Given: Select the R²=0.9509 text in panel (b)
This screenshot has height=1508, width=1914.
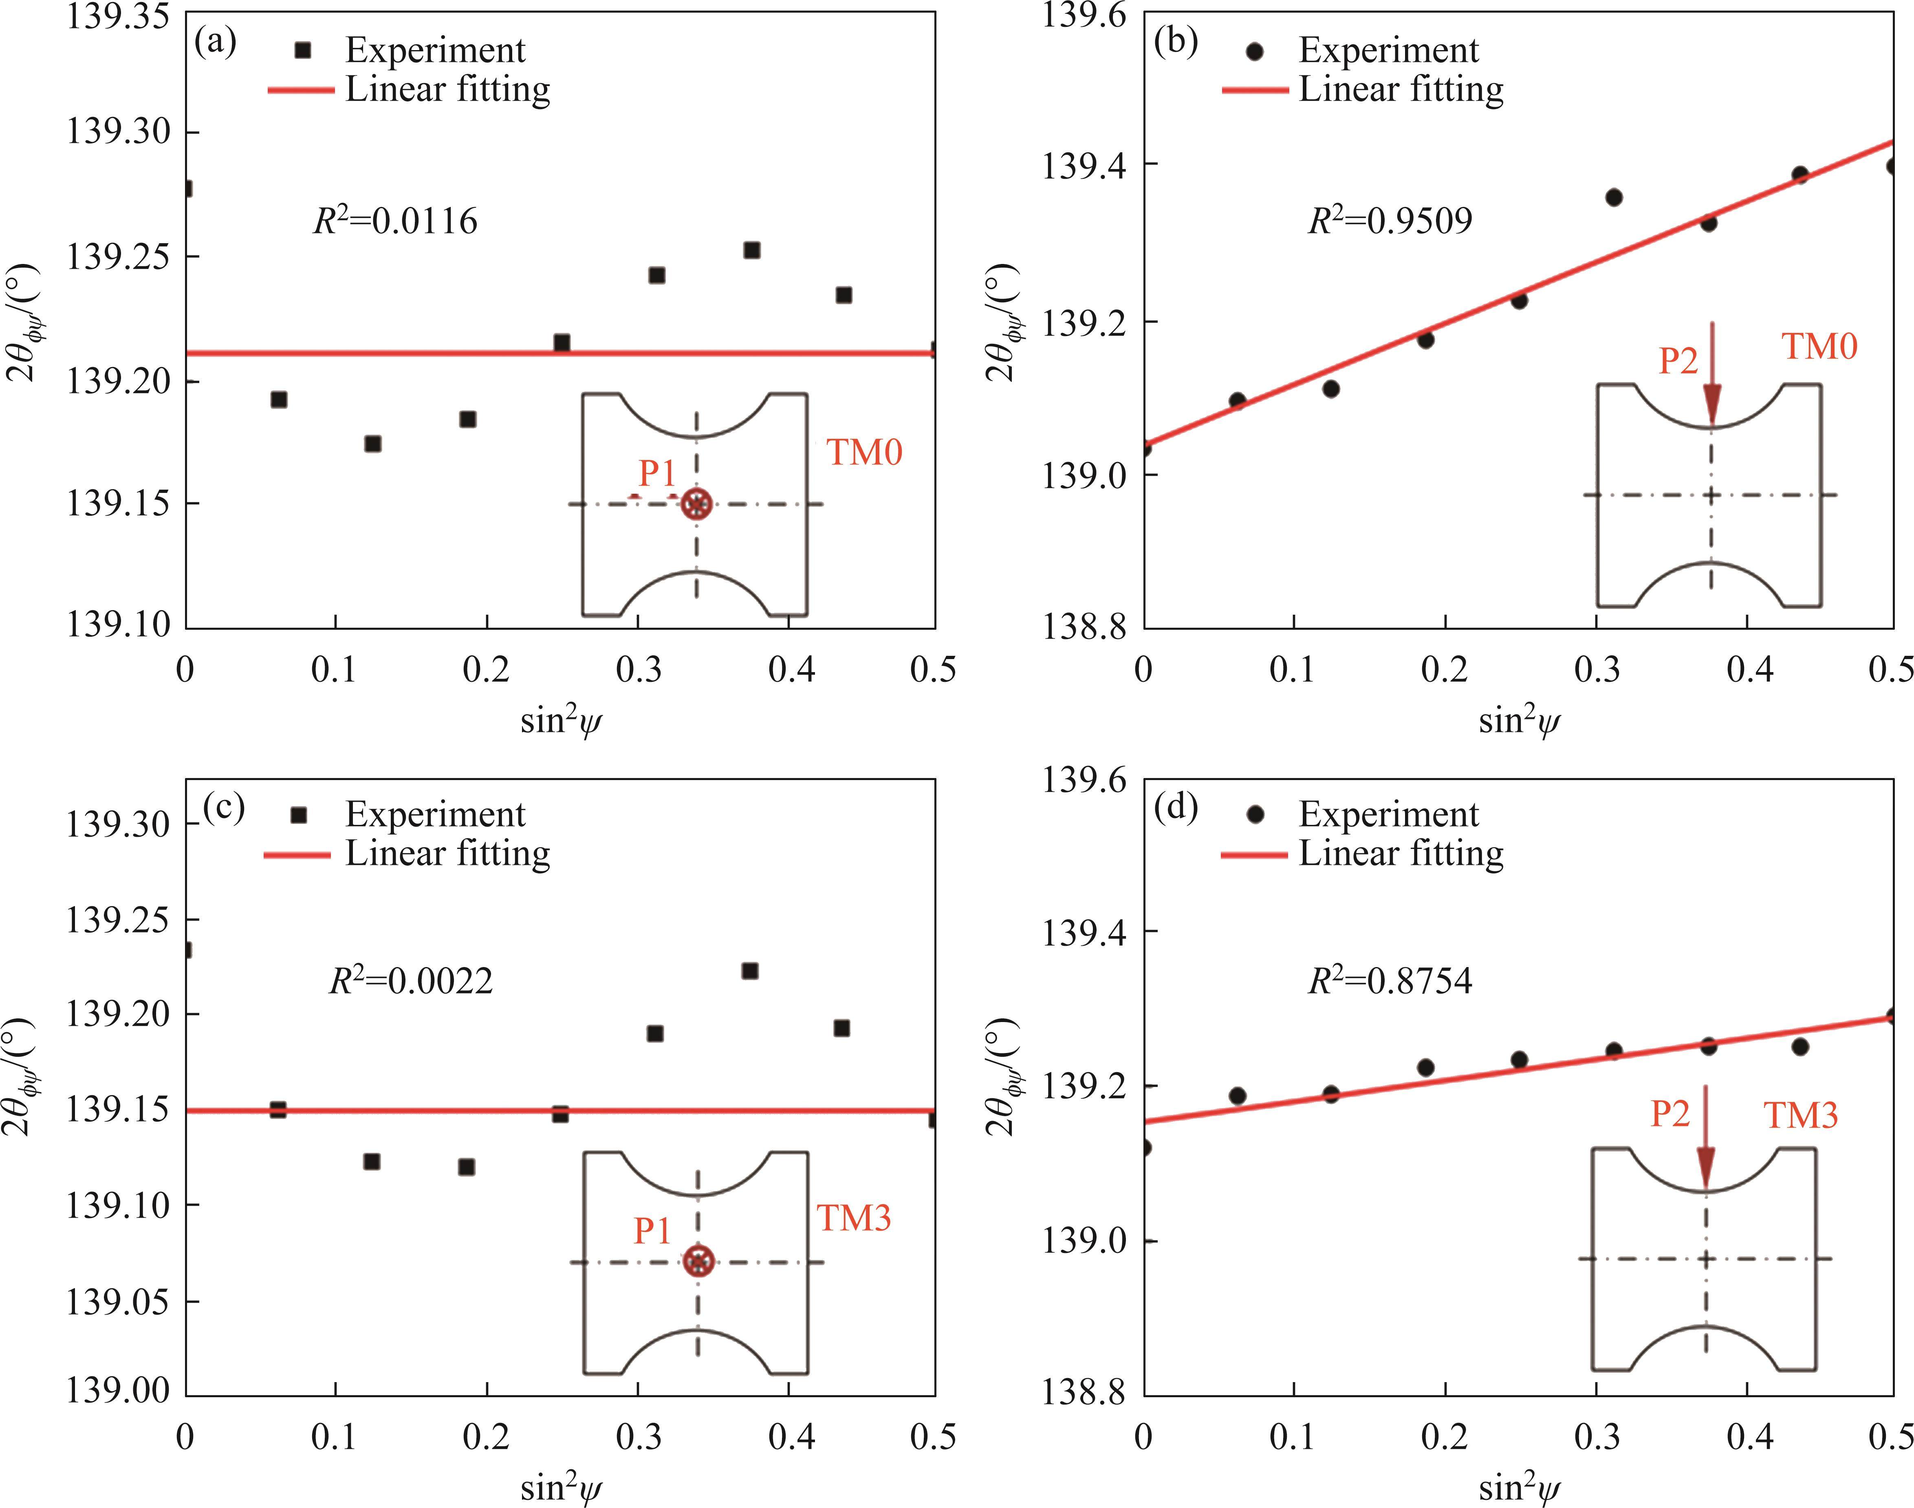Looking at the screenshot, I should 1389,220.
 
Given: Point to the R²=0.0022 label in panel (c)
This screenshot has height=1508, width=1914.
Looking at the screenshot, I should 411,980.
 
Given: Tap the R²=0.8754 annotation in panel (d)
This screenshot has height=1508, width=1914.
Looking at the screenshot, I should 1389,980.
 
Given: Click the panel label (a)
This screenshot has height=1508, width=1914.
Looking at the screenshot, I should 215,42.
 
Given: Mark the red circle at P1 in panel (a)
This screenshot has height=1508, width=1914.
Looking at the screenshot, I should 697,504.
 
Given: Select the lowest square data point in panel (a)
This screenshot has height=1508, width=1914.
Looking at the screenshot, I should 373,443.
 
